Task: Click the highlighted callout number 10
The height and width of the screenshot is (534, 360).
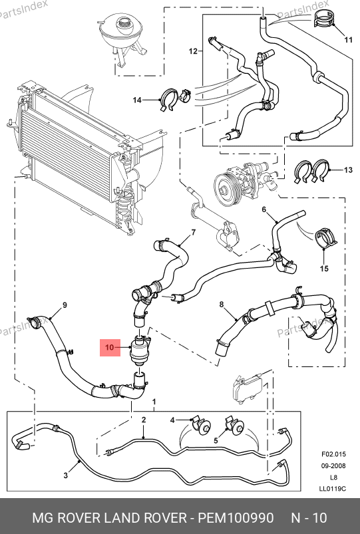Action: coord(109,347)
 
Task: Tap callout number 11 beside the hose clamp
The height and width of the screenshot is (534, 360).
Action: coord(348,40)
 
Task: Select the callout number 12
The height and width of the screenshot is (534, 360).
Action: coord(193,51)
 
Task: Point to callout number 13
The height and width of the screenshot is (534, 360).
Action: coord(348,170)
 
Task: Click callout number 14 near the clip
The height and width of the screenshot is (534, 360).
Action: coord(136,100)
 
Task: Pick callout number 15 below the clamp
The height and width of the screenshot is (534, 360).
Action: coord(324,269)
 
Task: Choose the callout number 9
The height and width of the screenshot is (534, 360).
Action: coord(65,305)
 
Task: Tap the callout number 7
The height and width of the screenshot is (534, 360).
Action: coord(194,233)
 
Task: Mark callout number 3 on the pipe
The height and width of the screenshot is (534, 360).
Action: coord(66,475)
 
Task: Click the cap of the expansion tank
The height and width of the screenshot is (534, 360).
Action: coord(124,23)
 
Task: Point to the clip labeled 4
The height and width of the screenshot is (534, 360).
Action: coord(201,424)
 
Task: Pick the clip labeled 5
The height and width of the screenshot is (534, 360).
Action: coord(234,425)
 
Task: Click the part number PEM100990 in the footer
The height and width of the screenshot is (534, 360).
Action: coord(236,518)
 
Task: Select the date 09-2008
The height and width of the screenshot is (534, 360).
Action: coord(333,466)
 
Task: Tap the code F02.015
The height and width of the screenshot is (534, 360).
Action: coord(333,454)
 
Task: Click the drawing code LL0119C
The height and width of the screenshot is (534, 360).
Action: coord(333,489)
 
